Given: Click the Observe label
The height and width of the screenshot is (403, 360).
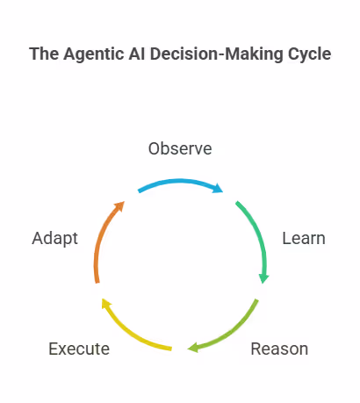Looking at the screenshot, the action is click(180, 148).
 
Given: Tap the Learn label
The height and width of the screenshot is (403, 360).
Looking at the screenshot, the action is click(304, 238).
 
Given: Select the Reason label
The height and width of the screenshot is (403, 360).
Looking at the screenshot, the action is click(279, 349).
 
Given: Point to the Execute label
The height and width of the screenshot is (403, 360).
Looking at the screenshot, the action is click(79, 349).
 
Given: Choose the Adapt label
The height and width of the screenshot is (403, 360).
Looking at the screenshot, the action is click(55, 239).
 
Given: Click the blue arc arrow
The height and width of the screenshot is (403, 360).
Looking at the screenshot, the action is click(180, 181).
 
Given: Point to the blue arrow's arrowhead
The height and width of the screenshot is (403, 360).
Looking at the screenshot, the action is click(218, 188).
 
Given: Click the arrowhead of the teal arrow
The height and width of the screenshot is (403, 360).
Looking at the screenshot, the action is click(263, 278).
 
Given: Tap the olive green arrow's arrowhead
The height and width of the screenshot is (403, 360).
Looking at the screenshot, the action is click(193, 348).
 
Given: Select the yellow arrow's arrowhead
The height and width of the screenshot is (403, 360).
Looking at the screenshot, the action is click(106, 303).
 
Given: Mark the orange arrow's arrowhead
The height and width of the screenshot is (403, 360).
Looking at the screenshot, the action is click(120, 206).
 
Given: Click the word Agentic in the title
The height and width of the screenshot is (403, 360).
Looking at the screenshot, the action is click(94, 54).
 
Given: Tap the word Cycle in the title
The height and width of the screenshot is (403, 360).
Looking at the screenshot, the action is click(310, 54).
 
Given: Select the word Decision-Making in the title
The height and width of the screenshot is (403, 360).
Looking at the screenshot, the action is click(217, 54).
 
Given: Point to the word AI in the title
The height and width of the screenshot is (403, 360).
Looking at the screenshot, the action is click(137, 54).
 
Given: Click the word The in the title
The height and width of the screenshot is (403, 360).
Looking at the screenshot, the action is click(44, 54).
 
